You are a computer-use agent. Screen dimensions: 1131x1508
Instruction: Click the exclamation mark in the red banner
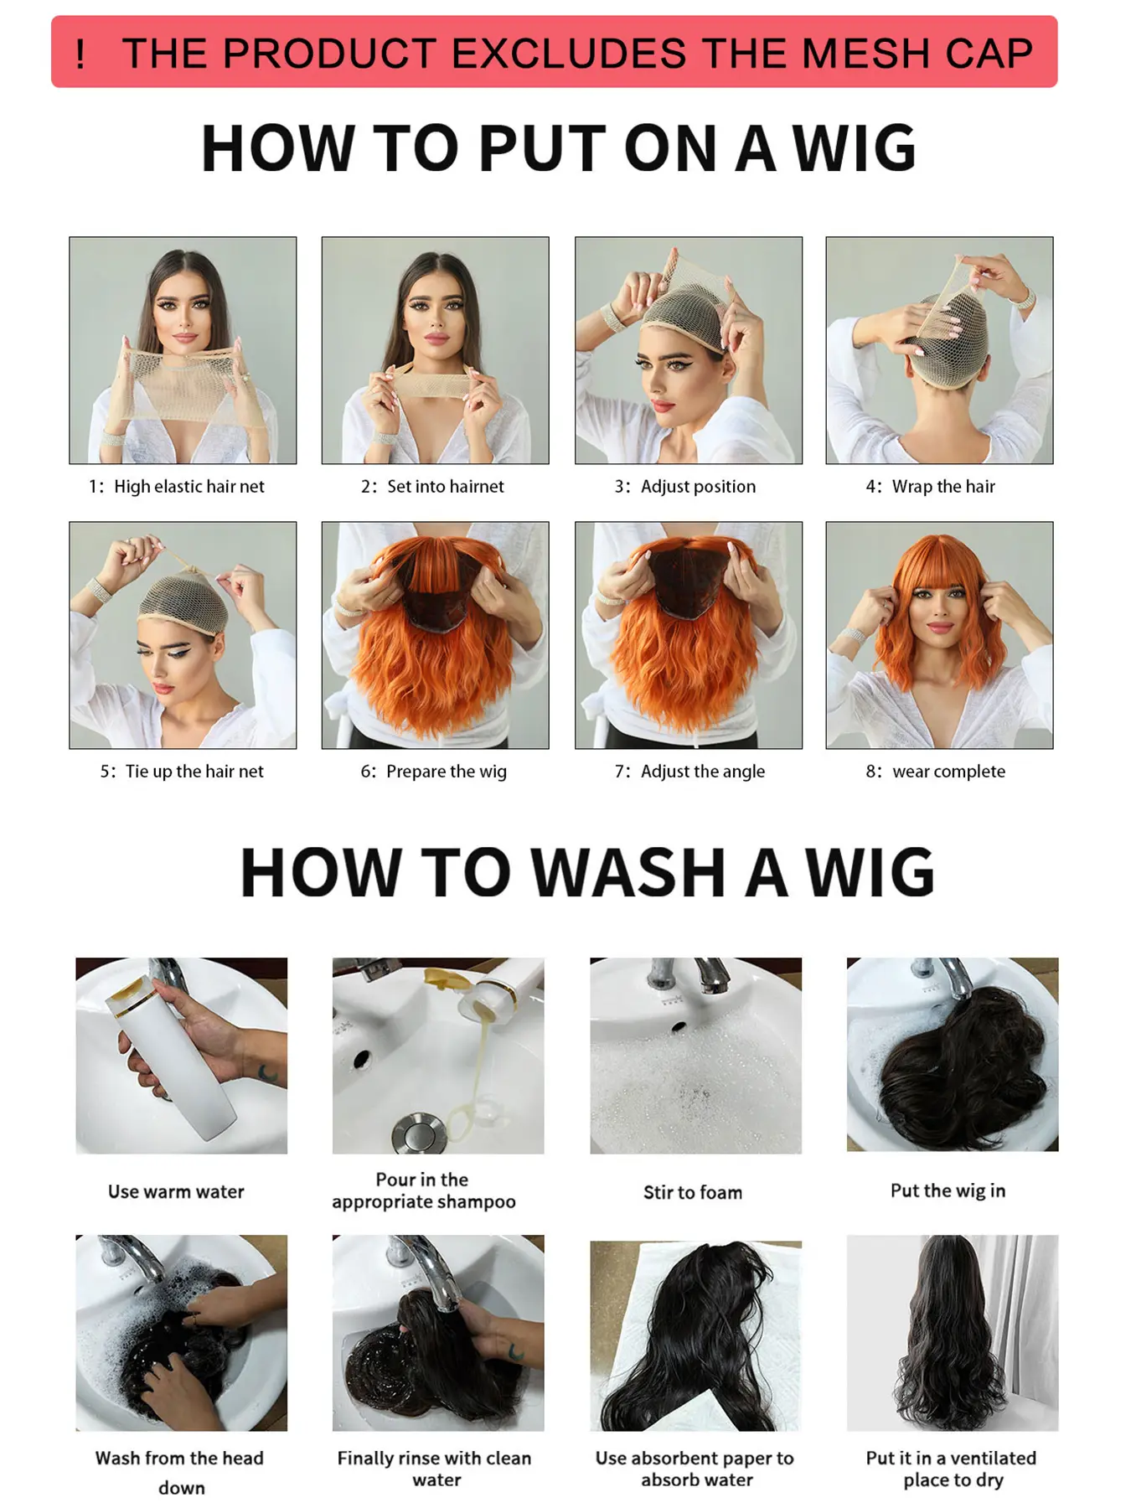coord(80,54)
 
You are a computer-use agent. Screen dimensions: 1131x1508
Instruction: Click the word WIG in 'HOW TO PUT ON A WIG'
coord(855,148)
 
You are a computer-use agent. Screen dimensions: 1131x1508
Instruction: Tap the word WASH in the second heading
coord(628,872)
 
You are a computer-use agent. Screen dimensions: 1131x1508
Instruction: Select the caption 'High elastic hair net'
coord(188,487)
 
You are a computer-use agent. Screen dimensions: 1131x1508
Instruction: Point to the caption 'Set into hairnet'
coord(445,487)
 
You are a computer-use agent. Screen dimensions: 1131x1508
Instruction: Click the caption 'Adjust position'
coord(698,487)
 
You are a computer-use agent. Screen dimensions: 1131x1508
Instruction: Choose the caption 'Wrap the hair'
coord(943,487)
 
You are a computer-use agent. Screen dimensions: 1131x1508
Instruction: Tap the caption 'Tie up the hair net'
coord(194,772)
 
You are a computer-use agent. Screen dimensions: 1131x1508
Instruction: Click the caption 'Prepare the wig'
coord(446,772)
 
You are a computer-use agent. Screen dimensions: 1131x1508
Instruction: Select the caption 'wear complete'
coord(948,772)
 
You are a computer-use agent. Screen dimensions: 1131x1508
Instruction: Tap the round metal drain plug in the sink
coord(411,1134)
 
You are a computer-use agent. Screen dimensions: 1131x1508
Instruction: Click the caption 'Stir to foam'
coord(693,1192)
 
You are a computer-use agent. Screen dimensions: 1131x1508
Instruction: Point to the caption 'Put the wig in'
coord(948,1190)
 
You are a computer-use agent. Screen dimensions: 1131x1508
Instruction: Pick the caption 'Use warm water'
coord(176,1191)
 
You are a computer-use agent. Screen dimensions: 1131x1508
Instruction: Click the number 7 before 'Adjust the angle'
coord(619,772)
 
